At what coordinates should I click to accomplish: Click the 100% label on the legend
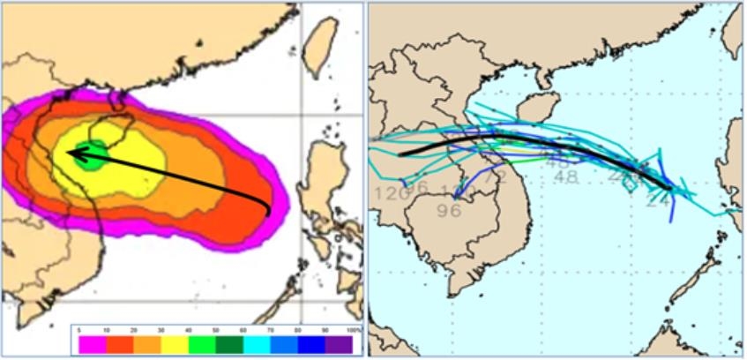353,330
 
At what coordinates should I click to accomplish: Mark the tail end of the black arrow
269,213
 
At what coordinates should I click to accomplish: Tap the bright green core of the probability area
93,155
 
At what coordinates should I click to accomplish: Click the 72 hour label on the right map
494,176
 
